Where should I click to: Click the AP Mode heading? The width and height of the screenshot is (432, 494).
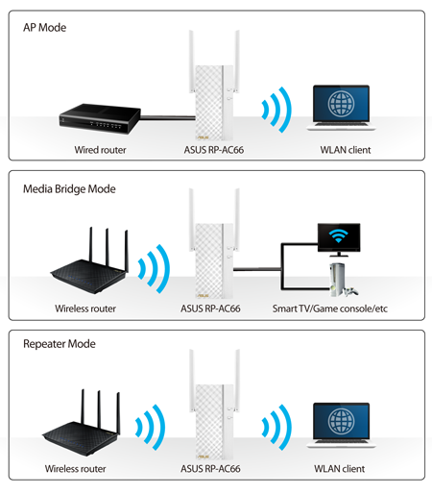[44, 28]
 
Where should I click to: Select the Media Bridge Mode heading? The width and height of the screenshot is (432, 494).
[69, 189]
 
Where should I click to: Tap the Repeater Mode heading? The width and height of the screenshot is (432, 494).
[60, 344]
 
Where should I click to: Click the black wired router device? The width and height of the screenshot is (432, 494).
[100, 118]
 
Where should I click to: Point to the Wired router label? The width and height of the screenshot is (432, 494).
[100, 150]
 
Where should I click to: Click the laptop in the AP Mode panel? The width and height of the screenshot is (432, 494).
[341, 108]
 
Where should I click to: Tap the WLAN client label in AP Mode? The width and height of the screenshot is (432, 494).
[346, 150]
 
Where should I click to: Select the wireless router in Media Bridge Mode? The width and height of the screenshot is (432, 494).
[90, 260]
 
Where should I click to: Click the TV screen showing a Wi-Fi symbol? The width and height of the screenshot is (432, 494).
[339, 237]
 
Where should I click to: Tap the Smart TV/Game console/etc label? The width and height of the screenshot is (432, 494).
[330, 309]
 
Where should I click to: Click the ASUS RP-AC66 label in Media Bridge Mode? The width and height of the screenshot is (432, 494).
[210, 309]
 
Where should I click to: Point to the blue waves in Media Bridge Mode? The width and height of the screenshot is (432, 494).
[155, 269]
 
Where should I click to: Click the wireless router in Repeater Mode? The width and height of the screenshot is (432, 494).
[82, 422]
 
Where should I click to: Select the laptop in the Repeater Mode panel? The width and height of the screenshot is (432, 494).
[341, 426]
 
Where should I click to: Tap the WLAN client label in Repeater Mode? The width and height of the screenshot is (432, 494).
[339, 469]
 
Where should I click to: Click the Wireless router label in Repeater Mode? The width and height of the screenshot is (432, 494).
[75, 469]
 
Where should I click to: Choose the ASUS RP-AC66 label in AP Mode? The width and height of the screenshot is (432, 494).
[214, 150]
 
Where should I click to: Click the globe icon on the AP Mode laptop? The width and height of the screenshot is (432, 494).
[341, 104]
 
